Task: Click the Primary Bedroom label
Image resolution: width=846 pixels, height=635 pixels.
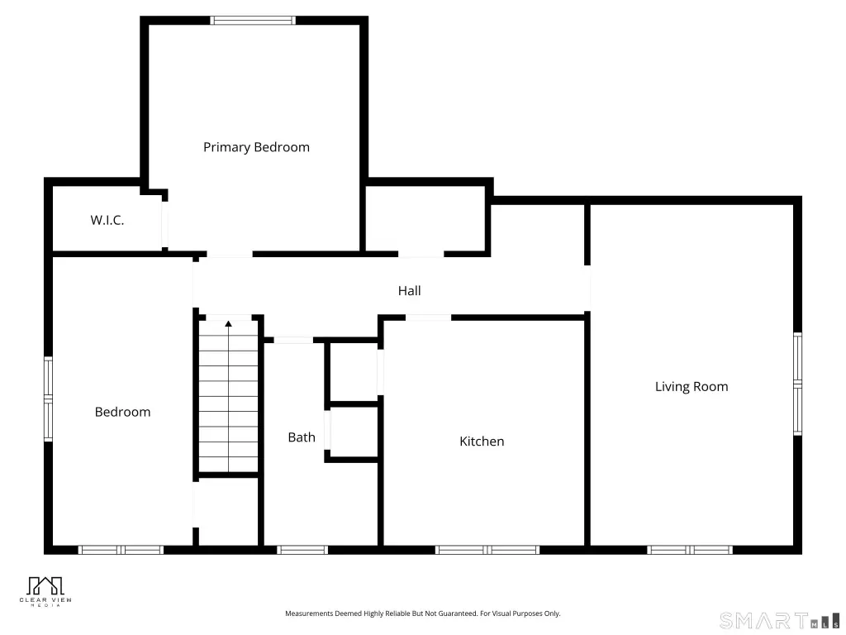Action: click(256, 147)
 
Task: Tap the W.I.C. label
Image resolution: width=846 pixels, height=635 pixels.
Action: click(107, 220)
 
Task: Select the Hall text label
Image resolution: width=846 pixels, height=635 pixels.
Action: click(409, 291)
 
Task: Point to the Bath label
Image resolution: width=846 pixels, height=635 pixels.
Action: click(302, 437)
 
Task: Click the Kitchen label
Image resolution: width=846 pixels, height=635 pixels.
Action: click(482, 442)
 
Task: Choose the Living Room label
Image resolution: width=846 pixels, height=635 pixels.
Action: click(692, 387)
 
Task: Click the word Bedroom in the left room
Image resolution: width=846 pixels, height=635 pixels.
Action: click(122, 412)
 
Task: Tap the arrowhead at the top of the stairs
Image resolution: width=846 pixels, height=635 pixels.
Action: click(228, 323)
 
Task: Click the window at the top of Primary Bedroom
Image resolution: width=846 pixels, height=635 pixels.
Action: click(253, 21)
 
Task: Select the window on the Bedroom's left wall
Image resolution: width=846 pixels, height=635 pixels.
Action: click(48, 399)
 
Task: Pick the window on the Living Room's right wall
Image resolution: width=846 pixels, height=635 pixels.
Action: click(797, 384)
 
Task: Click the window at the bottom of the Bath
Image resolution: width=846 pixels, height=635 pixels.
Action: click(302, 550)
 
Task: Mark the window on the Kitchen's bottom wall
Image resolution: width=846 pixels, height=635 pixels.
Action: click(487, 550)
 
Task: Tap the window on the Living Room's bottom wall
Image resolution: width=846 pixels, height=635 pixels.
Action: click(690, 550)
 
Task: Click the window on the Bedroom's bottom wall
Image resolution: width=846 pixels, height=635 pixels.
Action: click(121, 550)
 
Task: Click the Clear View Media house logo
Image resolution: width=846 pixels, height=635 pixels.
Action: click(45, 586)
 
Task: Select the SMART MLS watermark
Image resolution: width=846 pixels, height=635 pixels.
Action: click(780, 620)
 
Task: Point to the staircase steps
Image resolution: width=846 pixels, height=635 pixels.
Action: click(229, 396)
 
